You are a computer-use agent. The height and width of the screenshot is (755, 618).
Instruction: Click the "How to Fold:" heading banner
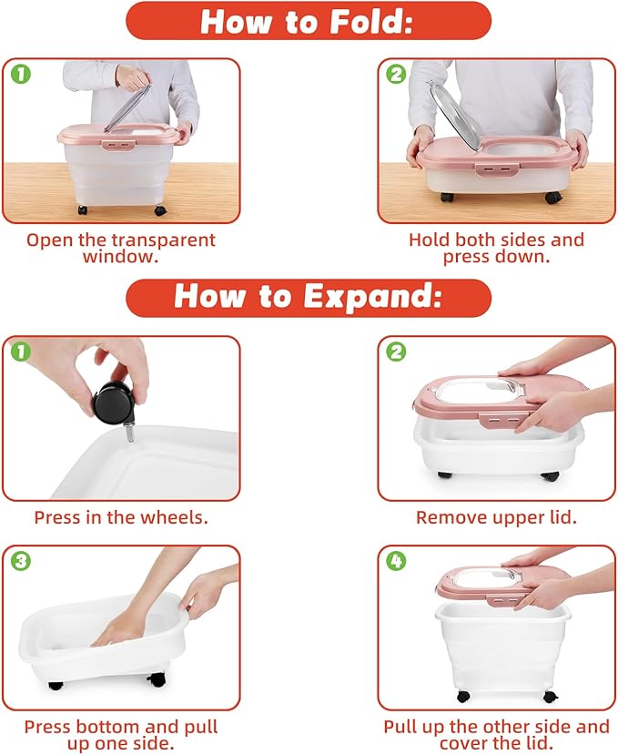click(309, 21)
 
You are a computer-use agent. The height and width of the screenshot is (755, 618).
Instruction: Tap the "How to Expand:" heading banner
click(309, 298)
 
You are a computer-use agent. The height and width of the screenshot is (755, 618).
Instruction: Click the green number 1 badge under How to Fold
click(21, 74)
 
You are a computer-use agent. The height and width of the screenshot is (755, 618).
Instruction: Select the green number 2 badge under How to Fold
click(396, 74)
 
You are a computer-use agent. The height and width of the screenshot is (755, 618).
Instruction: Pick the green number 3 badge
click(21, 561)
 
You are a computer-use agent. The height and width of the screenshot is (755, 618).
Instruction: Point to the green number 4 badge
click(396, 561)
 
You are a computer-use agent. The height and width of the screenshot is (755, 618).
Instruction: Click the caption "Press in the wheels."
click(121, 517)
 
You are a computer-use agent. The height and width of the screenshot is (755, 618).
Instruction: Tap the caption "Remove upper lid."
click(496, 517)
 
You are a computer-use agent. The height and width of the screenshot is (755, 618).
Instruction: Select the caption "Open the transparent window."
click(121, 248)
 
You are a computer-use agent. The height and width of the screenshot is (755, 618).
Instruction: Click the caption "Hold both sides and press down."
click(496, 248)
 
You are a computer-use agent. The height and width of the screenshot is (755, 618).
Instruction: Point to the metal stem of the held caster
click(130, 432)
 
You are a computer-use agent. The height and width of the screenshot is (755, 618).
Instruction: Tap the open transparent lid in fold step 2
click(455, 114)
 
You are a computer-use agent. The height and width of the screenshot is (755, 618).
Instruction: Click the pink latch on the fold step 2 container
click(498, 170)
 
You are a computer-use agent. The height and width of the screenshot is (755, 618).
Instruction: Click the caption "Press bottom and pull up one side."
click(121, 735)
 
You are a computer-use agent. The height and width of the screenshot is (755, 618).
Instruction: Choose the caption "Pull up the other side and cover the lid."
click(496, 735)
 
